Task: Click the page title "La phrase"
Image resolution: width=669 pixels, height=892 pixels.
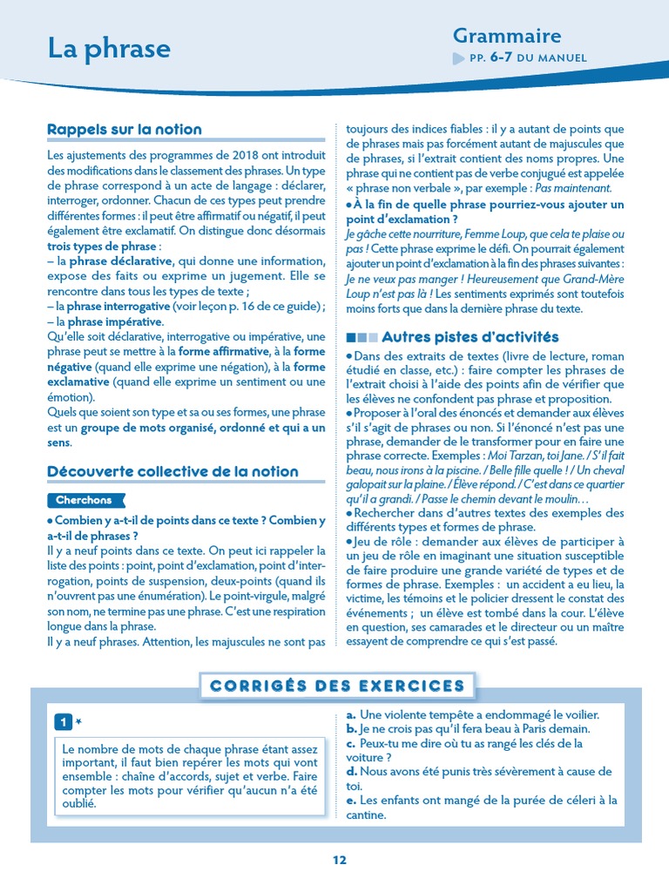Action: [x=109, y=48]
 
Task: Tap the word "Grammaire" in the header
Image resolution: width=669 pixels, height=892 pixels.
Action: [x=506, y=36]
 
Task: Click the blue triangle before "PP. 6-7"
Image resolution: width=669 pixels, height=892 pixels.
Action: [x=459, y=58]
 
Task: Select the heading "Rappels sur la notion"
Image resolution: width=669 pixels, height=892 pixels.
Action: [x=124, y=130]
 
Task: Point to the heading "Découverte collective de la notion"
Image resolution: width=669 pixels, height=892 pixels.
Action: [x=172, y=471]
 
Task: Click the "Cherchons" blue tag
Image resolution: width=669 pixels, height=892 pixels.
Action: [x=84, y=500]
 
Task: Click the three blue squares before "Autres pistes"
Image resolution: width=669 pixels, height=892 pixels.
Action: [x=362, y=337]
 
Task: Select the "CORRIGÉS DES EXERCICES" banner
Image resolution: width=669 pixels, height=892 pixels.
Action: [x=337, y=686]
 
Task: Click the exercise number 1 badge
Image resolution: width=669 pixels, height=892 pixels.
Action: [x=63, y=722]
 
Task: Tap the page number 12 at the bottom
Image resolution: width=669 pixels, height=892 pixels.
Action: [x=339, y=860]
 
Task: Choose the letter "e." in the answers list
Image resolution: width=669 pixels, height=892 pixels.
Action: [x=351, y=800]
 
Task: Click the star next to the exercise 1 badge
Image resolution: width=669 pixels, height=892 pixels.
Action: [x=78, y=722]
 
